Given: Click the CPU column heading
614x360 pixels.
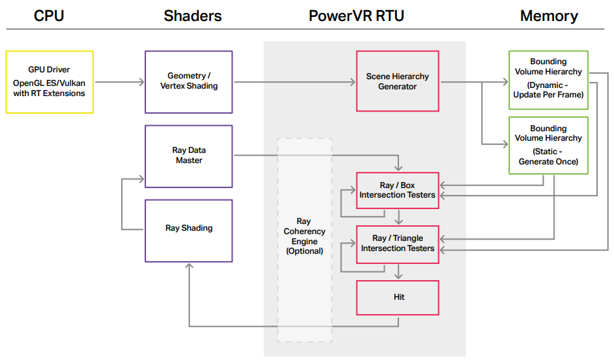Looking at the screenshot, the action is click(x=49, y=16).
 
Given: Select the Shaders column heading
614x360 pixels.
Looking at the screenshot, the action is click(x=193, y=16).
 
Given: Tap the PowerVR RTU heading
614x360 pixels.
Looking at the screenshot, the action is click(x=356, y=16).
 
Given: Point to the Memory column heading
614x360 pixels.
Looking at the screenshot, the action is click(x=549, y=16).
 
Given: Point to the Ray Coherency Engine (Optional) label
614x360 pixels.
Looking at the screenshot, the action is click(x=305, y=236).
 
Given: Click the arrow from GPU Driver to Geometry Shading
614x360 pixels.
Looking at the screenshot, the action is click(x=120, y=82).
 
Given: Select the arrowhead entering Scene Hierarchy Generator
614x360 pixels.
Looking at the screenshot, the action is click(x=352, y=82).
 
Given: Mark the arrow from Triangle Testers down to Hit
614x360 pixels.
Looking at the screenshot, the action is click(x=399, y=271).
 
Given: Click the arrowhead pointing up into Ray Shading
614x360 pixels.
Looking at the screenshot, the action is click(x=189, y=267).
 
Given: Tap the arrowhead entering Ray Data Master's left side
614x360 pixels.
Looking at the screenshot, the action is click(x=141, y=179).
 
